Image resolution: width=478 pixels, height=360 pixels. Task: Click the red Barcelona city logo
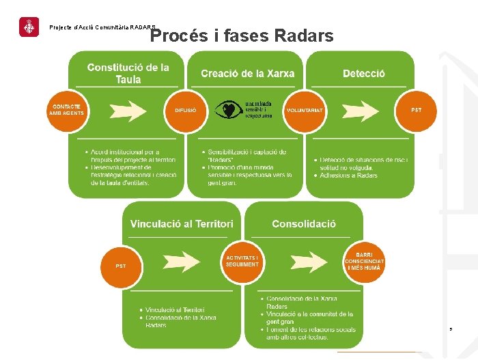[29, 27]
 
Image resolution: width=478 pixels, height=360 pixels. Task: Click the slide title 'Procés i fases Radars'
[242, 36]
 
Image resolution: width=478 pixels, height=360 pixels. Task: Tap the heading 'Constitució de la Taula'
[128, 73]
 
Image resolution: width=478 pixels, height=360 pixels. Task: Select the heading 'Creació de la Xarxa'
[247, 73]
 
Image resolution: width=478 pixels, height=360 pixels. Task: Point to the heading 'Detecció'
[364, 73]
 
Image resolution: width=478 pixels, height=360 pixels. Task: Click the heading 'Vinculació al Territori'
[182, 223]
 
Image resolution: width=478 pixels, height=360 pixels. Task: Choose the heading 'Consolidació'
[304, 223]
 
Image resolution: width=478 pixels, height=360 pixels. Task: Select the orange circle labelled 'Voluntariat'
[305, 110]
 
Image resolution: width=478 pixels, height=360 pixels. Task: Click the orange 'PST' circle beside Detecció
[416, 110]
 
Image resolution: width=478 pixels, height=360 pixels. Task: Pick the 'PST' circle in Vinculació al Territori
[121, 265]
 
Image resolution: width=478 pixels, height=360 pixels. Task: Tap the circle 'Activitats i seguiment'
[242, 261]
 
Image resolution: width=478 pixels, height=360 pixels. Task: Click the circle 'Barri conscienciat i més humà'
[364, 262]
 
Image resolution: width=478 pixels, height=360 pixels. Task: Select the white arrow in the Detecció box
[361, 110]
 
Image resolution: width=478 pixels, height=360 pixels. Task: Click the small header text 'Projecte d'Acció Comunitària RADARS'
[102, 27]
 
